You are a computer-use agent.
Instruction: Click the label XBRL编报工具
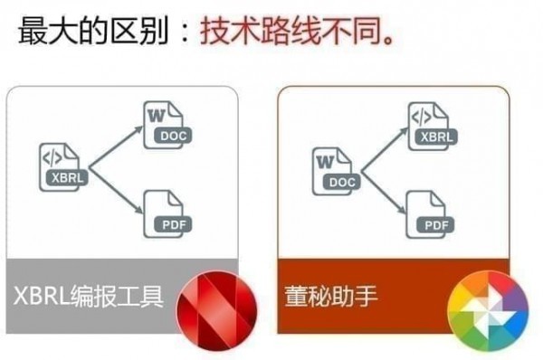88,296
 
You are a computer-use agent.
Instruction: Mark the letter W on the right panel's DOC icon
325,161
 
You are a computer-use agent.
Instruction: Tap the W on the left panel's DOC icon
155,116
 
